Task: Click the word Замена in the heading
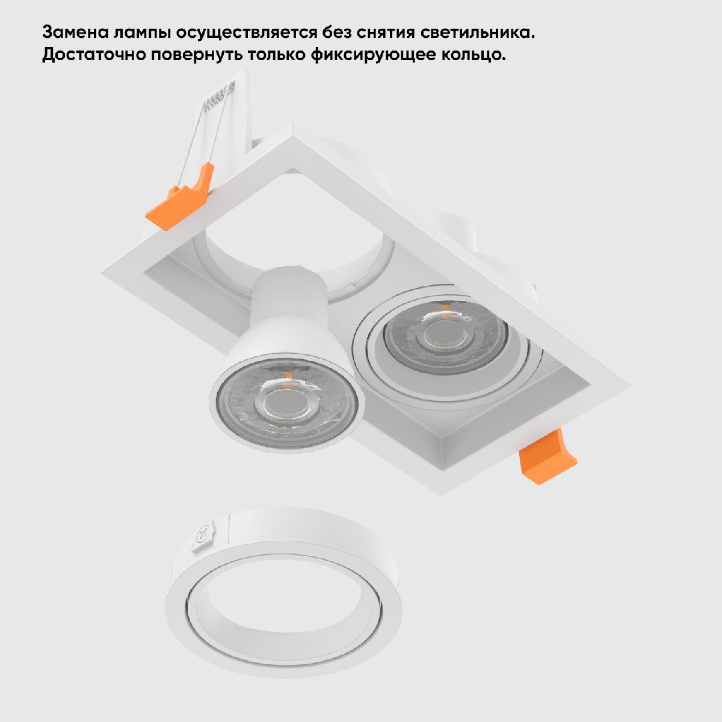(75, 32)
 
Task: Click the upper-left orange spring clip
(180, 198)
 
